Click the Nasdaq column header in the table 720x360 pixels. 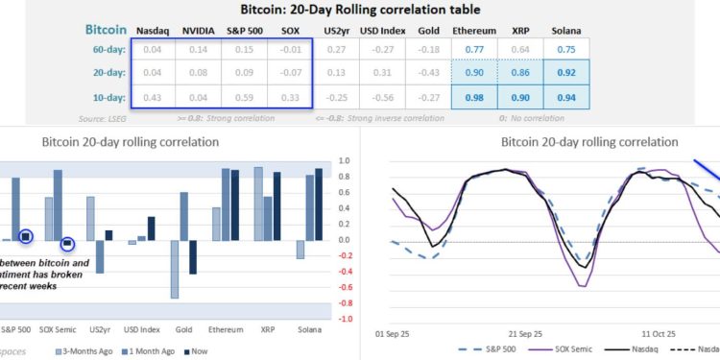pos(150,31)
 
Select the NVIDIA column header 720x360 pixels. pos(198,31)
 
